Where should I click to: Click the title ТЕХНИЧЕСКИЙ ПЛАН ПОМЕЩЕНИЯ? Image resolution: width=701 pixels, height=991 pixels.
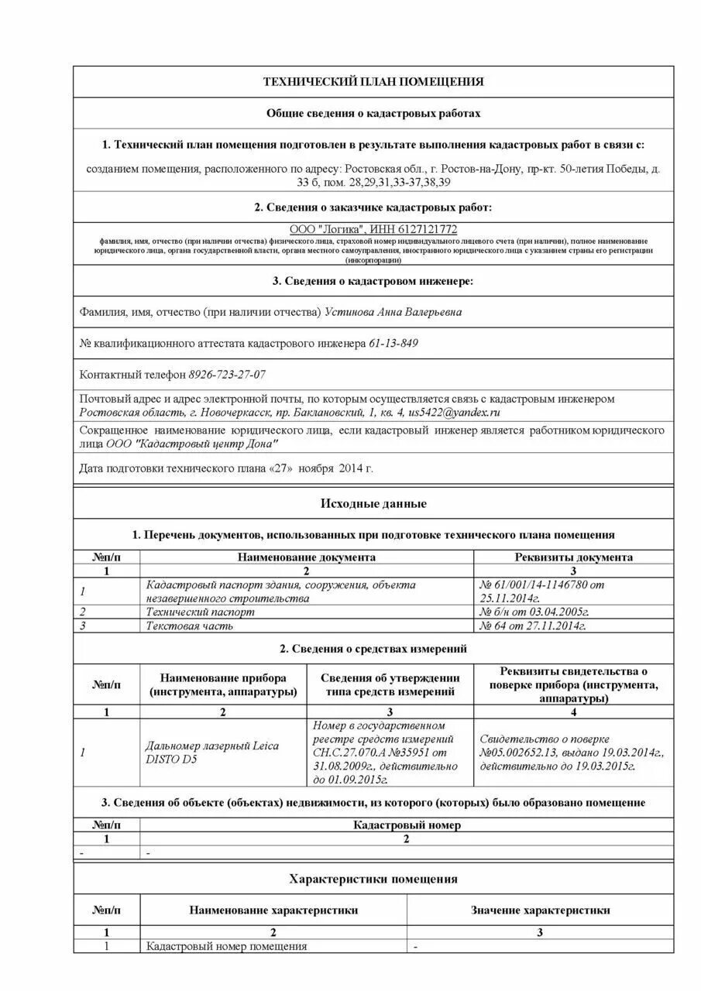(x=373, y=81)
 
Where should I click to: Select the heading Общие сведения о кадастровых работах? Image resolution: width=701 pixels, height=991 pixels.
(x=373, y=113)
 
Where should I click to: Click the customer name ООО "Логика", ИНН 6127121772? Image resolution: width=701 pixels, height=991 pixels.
(x=373, y=229)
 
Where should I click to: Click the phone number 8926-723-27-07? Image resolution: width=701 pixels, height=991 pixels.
(x=227, y=374)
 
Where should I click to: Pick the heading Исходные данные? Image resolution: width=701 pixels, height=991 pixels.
(x=373, y=503)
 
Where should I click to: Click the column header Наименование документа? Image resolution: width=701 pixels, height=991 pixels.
(x=307, y=557)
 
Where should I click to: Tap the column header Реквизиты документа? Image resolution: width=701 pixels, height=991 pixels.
(x=573, y=557)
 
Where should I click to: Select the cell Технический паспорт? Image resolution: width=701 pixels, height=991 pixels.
(x=200, y=612)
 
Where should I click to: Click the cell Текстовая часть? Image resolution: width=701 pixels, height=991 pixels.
(x=190, y=626)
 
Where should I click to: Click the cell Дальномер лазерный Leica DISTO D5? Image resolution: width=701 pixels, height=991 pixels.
(x=212, y=753)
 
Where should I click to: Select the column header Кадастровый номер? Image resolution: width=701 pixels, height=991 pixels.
(x=407, y=825)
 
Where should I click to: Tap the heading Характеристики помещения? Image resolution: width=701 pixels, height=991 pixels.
(x=373, y=879)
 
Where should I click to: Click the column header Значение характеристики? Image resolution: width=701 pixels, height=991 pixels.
(x=540, y=910)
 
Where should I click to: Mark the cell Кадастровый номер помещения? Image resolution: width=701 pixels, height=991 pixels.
(x=227, y=946)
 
